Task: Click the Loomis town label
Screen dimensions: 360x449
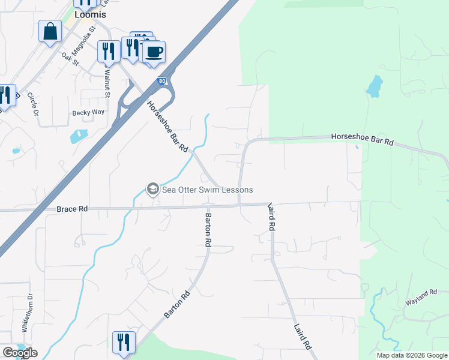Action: pyautogui.click(x=89, y=14)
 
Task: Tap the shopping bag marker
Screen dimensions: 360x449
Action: pyautogui.click(x=50, y=31)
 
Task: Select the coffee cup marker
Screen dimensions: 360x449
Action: pyautogui.click(x=154, y=52)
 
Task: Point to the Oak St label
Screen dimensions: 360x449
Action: pyautogui.click(x=70, y=58)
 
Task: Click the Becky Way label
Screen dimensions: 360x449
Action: pyautogui.click(x=88, y=112)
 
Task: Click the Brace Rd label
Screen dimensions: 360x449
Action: pyautogui.click(x=72, y=209)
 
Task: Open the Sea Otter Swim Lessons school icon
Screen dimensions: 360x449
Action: pyautogui.click(x=152, y=190)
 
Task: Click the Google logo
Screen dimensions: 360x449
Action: pyautogui.click(x=20, y=353)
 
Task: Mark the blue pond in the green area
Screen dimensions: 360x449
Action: pyautogui.click(x=373, y=86)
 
